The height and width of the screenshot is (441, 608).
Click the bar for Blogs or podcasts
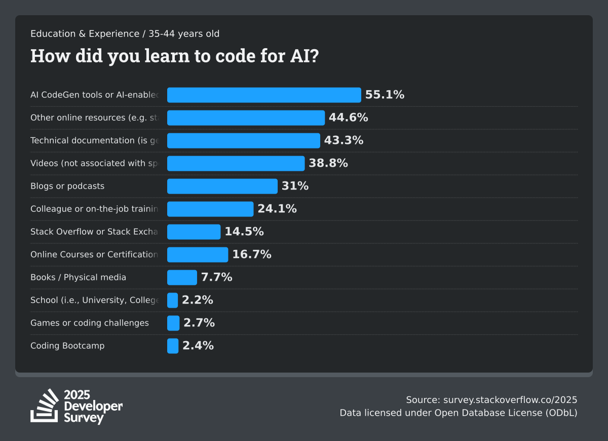click(222, 186)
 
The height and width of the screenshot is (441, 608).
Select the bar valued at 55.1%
click(263, 95)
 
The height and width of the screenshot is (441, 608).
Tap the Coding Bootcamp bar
click(173, 346)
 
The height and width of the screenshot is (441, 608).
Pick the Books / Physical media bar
click(182, 277)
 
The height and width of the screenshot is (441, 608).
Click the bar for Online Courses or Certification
click(198, 254)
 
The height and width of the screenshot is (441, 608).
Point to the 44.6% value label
click(348, 118)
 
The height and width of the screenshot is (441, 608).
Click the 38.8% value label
click(328, 163)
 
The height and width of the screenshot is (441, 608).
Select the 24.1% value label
click(277, 209)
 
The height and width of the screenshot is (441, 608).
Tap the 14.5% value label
click(244, 232)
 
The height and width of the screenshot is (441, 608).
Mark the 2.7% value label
click(199, 323)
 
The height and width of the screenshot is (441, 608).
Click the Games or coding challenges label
click(90, 323)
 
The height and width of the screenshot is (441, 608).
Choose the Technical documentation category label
click(95, 140)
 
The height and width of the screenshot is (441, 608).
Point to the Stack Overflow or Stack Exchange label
click(95, 232)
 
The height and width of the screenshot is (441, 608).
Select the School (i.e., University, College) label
click(95, 300)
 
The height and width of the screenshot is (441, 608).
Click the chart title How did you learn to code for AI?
click(174, 56)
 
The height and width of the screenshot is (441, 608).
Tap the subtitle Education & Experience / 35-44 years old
click(125, 34)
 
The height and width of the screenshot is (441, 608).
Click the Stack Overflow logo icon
click(45, 406)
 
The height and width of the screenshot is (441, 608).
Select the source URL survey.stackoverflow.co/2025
click(510, 399)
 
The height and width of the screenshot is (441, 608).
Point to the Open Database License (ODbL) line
click(459, 413)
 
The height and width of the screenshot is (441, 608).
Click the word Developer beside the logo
click(93, 407)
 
